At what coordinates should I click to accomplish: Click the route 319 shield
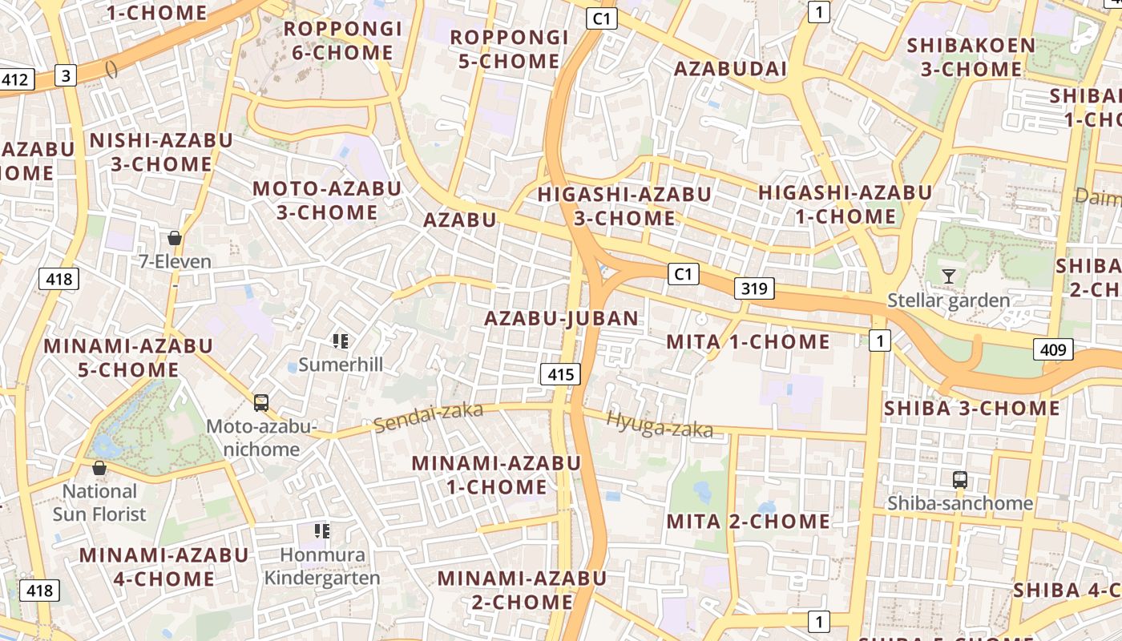[754, 288]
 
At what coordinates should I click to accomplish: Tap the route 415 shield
[561, 373]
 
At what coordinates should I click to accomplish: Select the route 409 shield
[1053, 349]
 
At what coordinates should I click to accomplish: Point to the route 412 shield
[15, 79]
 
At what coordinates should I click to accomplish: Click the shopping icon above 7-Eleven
[175, 238]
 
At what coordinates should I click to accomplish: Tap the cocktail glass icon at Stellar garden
[949, 276]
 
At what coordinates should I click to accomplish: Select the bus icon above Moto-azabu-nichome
[261, 402]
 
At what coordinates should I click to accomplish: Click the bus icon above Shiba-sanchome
[960, 480]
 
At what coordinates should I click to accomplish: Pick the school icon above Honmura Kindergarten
[322, 530]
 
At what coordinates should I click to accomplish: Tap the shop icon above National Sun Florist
[99, 468]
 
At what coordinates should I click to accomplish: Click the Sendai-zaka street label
[429, 417]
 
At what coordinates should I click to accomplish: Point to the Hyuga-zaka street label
[660, 424]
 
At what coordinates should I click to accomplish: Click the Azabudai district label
[730, 69]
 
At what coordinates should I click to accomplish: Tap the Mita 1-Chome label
[749, 342]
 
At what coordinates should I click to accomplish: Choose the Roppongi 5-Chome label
[510, 49]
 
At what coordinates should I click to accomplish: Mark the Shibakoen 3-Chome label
[971, 57]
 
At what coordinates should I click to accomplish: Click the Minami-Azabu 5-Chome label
[128, 357]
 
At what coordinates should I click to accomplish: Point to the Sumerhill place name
[341, 365]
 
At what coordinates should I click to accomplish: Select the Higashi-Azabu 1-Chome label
[846, 204]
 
